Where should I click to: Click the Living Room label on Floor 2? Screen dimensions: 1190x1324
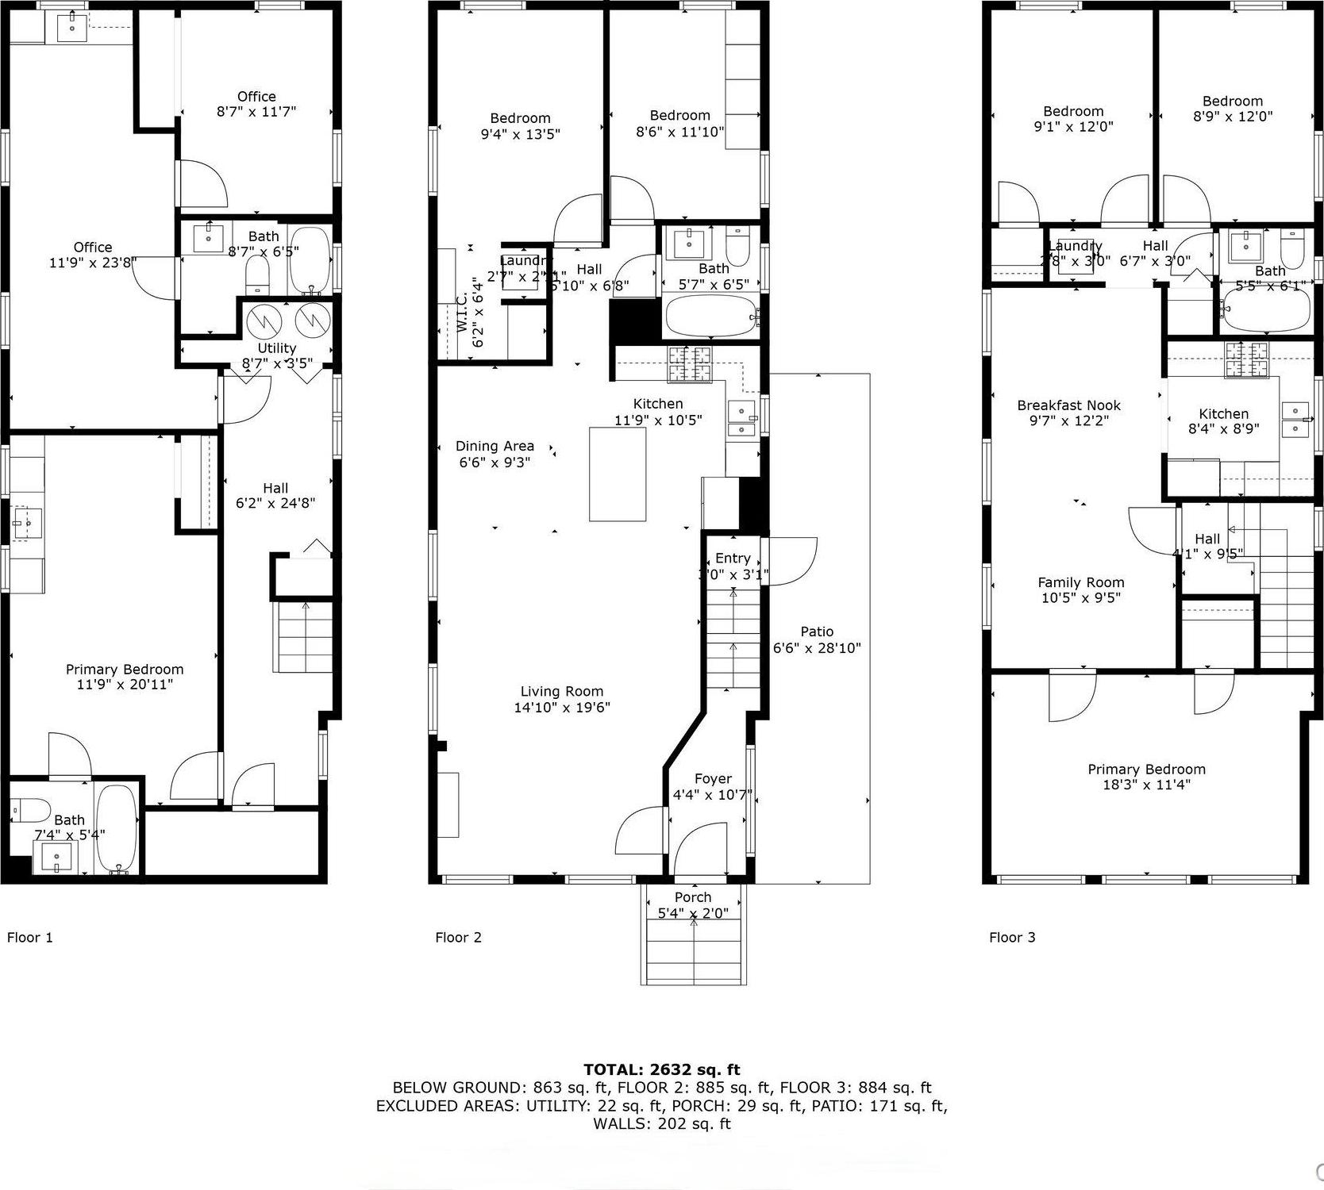[561, 691]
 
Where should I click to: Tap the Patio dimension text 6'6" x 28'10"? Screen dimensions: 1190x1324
[817, 647]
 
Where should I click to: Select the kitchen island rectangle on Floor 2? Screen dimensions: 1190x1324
[618, 474]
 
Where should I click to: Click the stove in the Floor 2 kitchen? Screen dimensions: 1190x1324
[690, 364]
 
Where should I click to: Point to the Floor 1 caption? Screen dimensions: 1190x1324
[29, 937]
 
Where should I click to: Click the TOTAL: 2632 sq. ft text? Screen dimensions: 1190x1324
[661, 1069]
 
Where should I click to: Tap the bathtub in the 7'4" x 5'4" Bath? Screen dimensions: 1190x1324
[117, 829]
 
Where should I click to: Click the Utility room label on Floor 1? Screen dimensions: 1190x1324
[276, 348]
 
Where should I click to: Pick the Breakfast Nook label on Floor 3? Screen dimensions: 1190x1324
[1068, 405]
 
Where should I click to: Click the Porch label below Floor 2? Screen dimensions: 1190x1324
[692, 897]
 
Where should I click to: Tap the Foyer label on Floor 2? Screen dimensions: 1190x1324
[712, 779]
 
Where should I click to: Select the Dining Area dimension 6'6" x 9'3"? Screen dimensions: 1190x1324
[494, 462]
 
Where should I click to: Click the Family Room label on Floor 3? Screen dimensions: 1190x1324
[1080, 582]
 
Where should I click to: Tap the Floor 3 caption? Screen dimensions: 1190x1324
[1011, 937]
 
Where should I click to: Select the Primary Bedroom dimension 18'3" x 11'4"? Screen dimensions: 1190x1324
[1145, 785]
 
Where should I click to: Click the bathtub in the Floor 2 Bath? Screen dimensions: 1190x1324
[710, 316]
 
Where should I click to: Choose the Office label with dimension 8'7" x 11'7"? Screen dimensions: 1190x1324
[256, 96]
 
